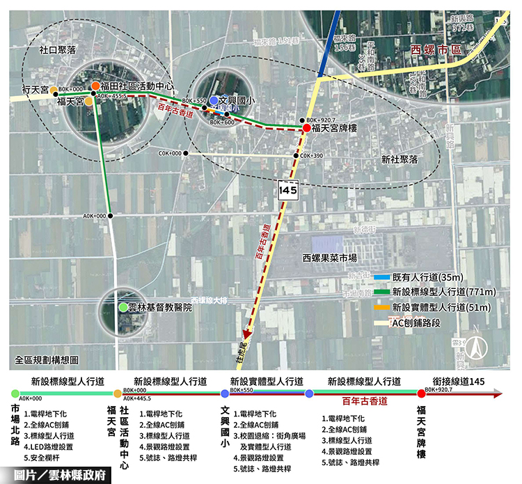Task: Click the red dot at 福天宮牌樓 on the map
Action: click(x=306, y=129)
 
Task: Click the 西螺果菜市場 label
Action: click(x=330, y=258)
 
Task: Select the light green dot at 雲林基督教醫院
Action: click(x=123, y=307)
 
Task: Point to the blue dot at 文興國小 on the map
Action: click(x=214, y=100)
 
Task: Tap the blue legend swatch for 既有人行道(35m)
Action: click(x=379, y=277)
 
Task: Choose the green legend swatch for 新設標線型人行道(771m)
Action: click(x=379, y=292)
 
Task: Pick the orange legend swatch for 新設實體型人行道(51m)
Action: click(x=379, y=308)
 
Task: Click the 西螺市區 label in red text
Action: click(x=436, y=49)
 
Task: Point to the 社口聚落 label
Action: click(x=57, y=50)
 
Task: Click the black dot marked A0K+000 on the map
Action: click(x=111, y=216)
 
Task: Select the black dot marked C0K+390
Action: click(x=296, y=155)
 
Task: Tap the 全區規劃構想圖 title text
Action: click(x=47, y=361)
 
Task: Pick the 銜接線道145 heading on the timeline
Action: click(x=458, y=381)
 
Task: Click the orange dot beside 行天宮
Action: click(x=54, y=90)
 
